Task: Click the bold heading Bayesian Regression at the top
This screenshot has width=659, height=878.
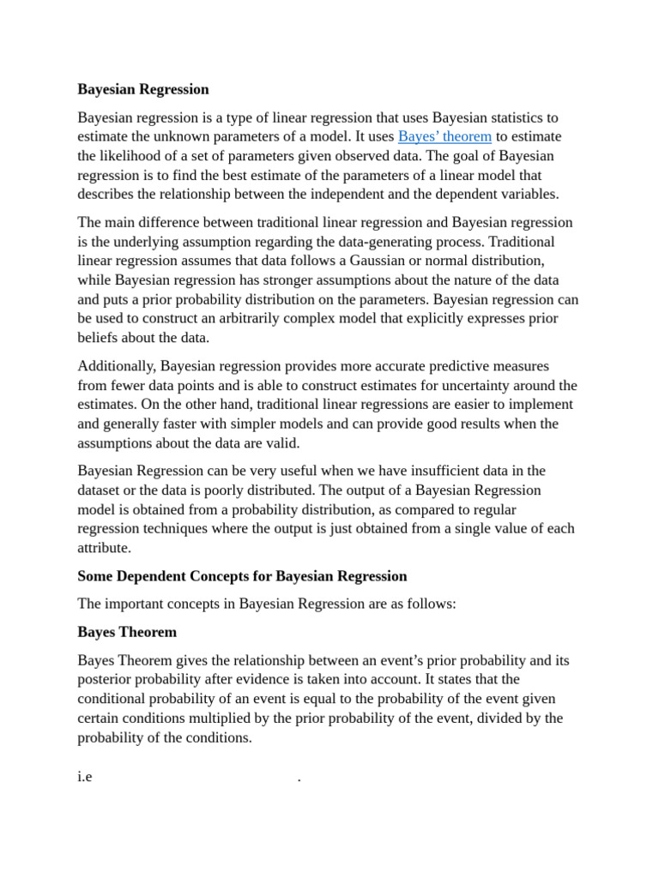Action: pos(143,89)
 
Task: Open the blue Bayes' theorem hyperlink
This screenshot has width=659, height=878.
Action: pos(444,136)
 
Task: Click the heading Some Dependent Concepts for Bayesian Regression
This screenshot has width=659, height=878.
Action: pos(242,576)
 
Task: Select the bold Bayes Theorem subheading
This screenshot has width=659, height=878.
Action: pos(127,633)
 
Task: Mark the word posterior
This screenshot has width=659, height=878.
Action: pos(105,680)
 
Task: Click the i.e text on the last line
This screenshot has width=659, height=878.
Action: pos(85,779)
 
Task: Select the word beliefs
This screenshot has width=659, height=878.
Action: pos(99,337)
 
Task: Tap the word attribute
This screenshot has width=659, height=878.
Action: pos(103,547)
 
